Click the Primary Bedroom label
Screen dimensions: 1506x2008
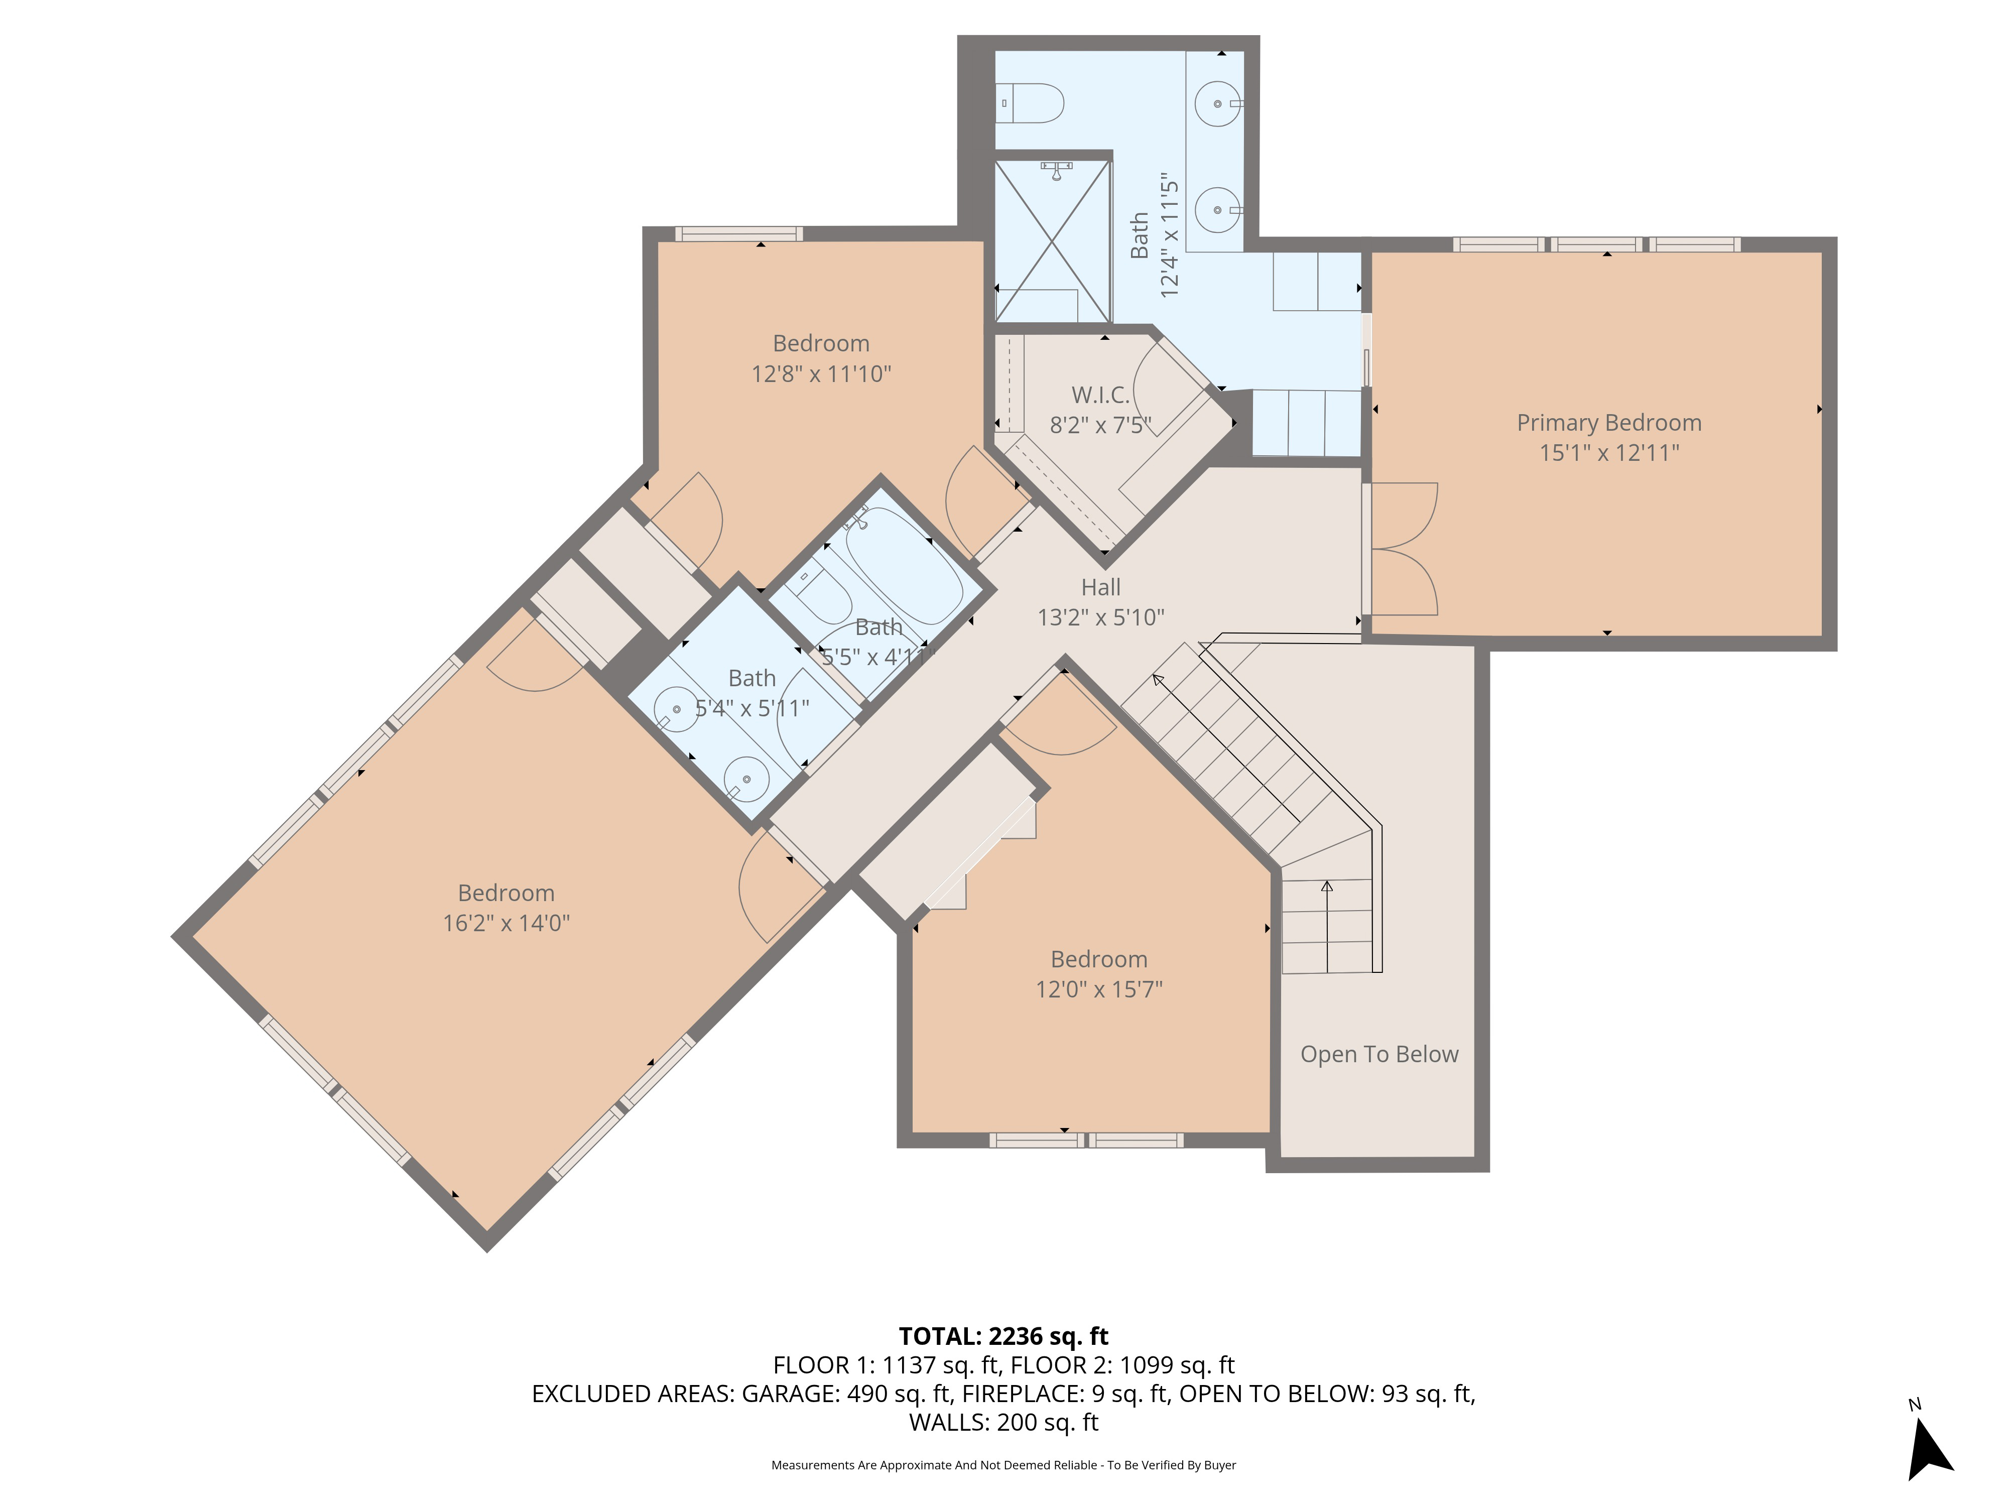[x=1608, y=423]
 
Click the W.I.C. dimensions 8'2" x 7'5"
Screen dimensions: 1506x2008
[x=1100, y=425]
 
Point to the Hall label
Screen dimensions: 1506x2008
[x=1100, y=587]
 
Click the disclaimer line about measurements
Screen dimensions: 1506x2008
[x=1003, y=1465]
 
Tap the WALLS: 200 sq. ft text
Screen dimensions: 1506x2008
[x=1003, y=1423]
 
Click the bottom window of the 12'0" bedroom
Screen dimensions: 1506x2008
[x=1086, y=1140]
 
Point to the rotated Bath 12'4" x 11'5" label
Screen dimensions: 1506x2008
[x=1154, y=236]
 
